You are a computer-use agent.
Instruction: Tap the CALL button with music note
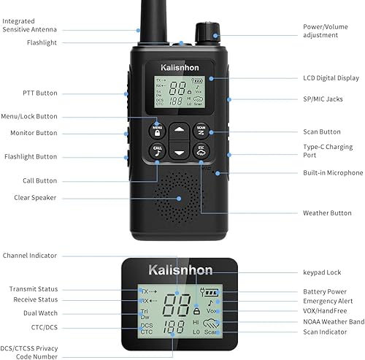(158, 150)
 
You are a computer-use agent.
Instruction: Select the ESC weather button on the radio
(202, 150)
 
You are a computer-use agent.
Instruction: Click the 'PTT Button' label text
(39, 93)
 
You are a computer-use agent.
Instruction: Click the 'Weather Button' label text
(327, 213)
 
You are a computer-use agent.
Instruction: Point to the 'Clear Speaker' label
(35, 197)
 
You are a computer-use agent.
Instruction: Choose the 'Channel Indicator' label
(49, 256)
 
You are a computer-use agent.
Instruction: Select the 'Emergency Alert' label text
(328, 301)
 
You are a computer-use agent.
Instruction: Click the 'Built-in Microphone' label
(333, 173)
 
